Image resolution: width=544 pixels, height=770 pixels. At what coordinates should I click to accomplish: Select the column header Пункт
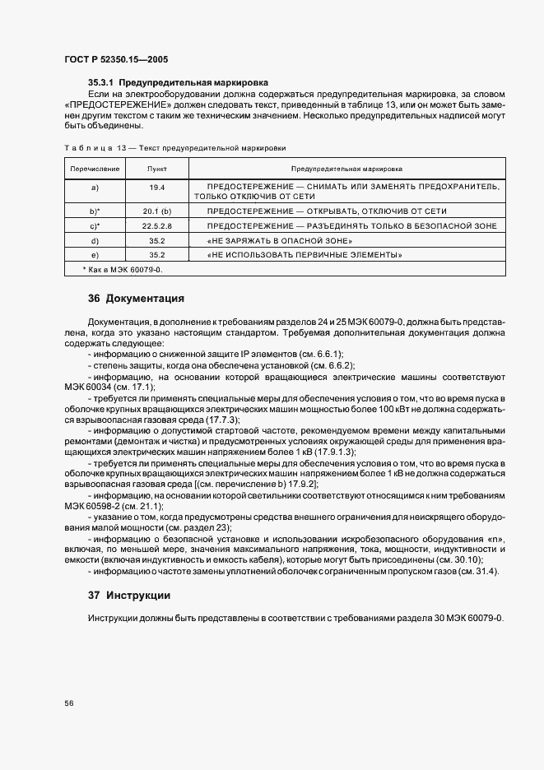click(156, 169)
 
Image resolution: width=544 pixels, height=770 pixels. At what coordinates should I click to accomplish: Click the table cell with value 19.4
click(156, 188)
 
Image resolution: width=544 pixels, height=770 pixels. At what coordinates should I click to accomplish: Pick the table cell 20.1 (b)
click(156, 211)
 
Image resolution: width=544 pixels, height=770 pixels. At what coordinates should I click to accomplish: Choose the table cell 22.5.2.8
click(156, 226)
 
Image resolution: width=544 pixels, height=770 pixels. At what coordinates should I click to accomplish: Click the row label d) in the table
click(95, 240)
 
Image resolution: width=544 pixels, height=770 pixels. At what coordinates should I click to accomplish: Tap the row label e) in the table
click(95, 255)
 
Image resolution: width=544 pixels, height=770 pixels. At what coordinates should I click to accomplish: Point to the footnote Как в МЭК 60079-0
click(123, 270)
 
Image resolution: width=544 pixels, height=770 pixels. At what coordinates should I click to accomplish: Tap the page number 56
click(69, 703)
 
